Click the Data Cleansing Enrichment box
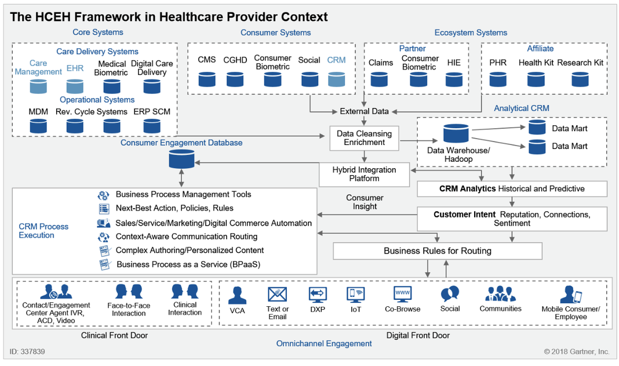point(364,138)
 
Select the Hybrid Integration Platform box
point(364,174)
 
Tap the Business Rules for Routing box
point(438,251)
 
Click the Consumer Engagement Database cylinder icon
point(181,158)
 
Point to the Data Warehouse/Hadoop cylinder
point(456,134)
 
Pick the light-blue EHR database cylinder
point(75,86)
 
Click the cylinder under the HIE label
point(454,79)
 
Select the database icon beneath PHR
point(498,79)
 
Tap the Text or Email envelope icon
point(278,295)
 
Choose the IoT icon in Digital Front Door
point(355,295)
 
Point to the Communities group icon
point(500,294)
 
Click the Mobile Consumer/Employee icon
point(570,295)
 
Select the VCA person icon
point(237,295)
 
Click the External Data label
point(364,111)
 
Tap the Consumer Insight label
point(365,202)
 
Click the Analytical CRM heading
point(521,108)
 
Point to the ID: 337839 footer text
point(27,351)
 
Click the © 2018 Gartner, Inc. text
point(576,351)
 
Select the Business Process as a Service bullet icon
point(104,264)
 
